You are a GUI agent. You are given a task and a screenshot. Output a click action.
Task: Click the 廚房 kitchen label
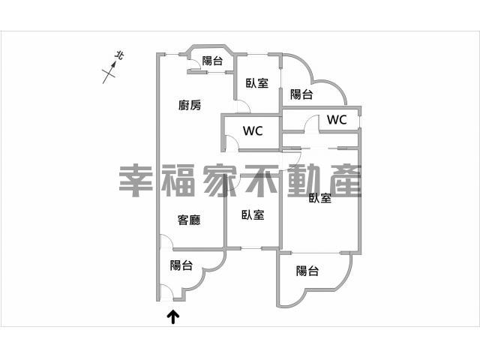(x=190, y=105)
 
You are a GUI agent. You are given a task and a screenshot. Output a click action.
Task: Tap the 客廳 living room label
(x=189, y=220)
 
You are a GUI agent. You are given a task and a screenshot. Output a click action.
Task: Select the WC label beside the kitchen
(x=253, y=130)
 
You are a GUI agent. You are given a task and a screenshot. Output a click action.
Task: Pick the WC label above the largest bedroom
(x=337, y=119)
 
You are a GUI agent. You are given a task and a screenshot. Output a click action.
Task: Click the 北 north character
(x=119, y=55)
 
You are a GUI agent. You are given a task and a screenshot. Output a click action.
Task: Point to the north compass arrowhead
(x=113, y=64)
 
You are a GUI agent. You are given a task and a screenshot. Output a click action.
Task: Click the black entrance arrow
(x=173, y=317)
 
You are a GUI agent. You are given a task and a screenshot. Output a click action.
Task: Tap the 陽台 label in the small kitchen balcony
(x=212, y=60)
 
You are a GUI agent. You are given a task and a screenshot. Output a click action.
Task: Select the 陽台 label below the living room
(x=181, y=265)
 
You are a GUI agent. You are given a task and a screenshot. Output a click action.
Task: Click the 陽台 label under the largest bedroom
(x=307, y=271)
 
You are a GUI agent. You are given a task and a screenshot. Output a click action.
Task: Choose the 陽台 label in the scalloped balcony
(x=301, y=94)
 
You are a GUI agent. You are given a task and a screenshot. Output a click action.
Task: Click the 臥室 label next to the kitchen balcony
(x=257, y=83)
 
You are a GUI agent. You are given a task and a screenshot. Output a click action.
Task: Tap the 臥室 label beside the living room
(x=253, y=214)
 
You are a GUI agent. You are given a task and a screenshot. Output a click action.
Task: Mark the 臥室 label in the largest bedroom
(x=320, y=198)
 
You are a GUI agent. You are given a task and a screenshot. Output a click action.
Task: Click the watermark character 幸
(x=136, y=181)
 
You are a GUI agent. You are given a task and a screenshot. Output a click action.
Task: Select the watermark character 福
(x=178, y=181)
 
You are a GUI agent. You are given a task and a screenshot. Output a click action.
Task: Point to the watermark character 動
(x=304, y=181)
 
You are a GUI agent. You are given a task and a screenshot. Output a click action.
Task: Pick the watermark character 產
(x=346, y=181)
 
